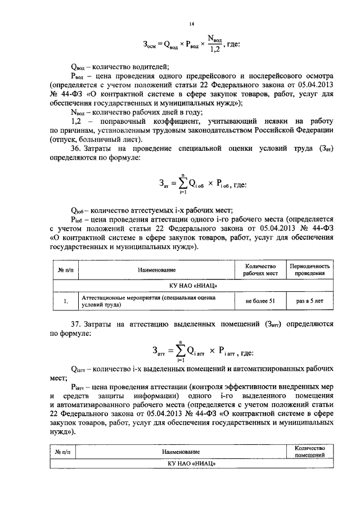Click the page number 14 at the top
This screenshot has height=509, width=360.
click(x=191, y=24)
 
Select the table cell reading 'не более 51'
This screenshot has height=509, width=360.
click(x=260, y=301)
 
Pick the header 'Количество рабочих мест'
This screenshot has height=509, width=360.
click(x=260, y=269)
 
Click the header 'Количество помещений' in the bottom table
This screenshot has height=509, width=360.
click(x=310, y=451)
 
